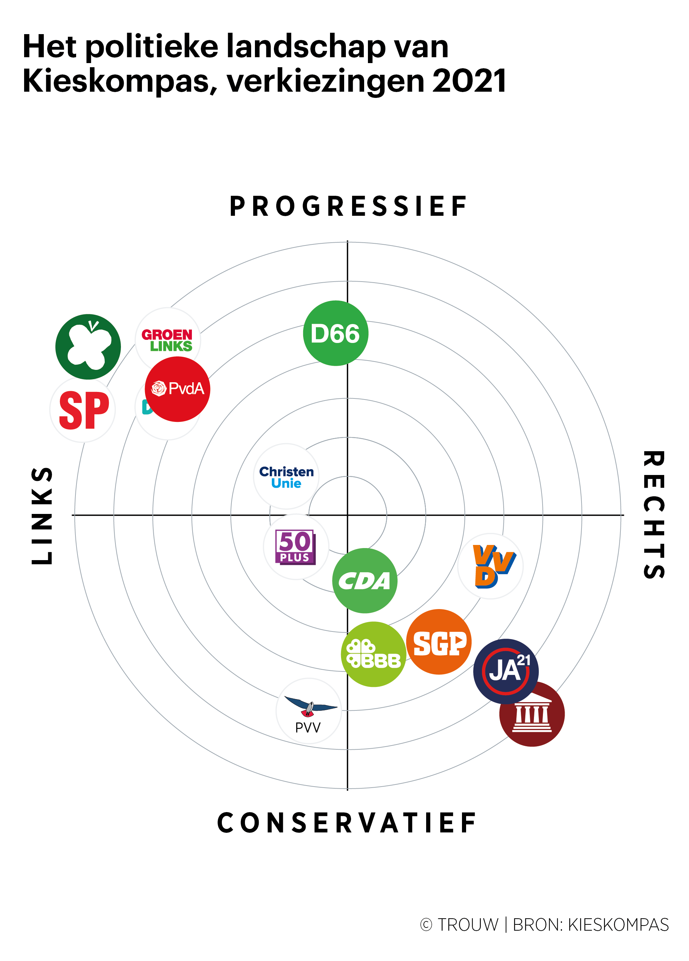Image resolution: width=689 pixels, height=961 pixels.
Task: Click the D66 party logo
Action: click(336, 333)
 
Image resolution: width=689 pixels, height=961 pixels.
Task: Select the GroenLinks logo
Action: click(167, 340)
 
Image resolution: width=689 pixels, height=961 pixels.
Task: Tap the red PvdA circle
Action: click(177, 389)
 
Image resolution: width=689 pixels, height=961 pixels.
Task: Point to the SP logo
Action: click(83, 410)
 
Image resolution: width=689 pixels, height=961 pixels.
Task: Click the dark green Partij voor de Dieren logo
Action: click(88, 347)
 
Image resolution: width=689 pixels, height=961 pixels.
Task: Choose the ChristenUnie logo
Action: click(286, 477)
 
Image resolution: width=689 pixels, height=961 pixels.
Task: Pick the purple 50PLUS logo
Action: click(296, 547)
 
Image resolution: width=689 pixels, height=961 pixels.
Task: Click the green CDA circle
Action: click(364, 580)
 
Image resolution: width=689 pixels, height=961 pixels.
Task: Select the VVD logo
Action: click(490, 566)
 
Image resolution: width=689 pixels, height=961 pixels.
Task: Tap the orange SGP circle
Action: click(439, 641)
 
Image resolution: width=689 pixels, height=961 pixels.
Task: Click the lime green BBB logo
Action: click(373, 654)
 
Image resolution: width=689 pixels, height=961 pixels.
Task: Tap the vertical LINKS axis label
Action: click(42, 515)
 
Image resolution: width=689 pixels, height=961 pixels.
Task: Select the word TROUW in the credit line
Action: click(468, 925)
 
